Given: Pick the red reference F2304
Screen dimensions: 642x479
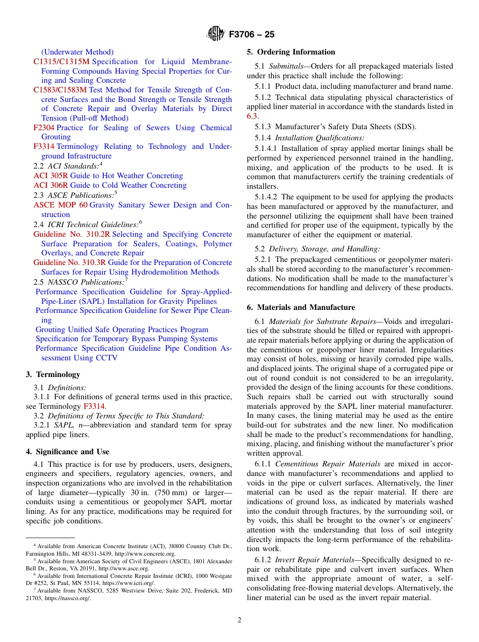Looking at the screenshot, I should [44, 128].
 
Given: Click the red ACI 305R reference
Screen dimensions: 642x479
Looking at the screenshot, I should [50, 176].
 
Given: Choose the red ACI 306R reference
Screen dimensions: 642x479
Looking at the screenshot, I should [50, 185].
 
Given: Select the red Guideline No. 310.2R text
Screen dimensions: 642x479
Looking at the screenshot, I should [72, 234].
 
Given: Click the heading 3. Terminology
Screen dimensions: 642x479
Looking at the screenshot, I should [52, 375].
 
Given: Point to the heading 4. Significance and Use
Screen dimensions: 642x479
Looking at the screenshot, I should [67, 452].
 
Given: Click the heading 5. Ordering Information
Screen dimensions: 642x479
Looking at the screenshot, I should [290, 52].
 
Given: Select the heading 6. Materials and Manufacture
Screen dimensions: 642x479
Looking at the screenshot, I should [301, 307].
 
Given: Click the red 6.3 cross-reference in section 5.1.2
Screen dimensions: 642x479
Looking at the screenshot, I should [252, 116].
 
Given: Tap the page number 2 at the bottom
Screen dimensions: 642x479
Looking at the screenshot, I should [239, 620].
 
